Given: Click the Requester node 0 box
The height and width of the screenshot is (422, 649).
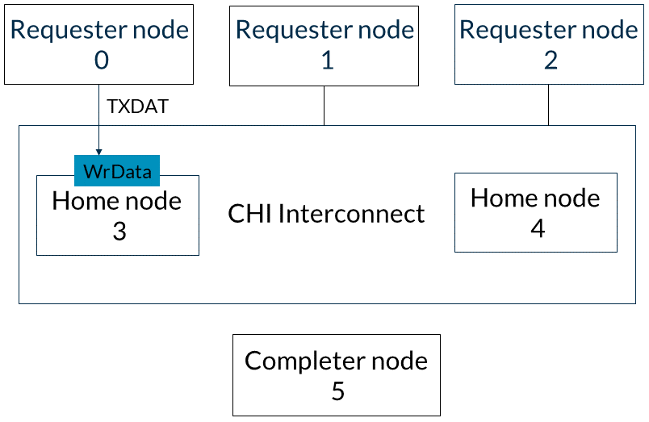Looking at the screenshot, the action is point(99,44).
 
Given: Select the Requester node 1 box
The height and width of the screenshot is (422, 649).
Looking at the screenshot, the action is point(324,46).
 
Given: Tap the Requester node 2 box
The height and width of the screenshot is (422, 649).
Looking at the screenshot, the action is point(549,44).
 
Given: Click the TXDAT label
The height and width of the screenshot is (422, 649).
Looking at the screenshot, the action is point(138,107).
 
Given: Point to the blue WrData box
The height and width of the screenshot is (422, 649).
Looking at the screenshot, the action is point(117,170).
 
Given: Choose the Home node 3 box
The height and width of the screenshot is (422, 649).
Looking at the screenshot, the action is point(118,215).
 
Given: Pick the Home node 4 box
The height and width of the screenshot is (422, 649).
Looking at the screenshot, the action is point(536,212).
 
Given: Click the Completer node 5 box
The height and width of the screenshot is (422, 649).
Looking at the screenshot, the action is point(337,375).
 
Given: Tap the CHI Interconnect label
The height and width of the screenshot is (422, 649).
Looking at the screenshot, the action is point(326,214).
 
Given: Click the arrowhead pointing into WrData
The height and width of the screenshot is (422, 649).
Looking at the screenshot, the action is point(99,153).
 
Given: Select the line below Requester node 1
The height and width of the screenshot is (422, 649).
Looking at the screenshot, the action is point(324,106).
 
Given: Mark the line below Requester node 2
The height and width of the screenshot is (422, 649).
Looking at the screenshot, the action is point(548,105).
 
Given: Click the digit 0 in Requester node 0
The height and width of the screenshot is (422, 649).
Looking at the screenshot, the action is point(102,60).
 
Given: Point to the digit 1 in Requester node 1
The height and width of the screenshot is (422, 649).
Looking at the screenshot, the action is point(328,60).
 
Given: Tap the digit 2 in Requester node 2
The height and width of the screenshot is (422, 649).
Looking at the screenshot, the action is point(551,60).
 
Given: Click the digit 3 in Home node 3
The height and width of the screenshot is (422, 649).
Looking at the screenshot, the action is point(119,231).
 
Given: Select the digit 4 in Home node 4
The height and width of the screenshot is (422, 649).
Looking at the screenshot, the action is point(538,228).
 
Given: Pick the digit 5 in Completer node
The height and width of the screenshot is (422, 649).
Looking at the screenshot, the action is point(337,391).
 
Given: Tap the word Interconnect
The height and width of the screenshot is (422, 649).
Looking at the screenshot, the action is point(351,214).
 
